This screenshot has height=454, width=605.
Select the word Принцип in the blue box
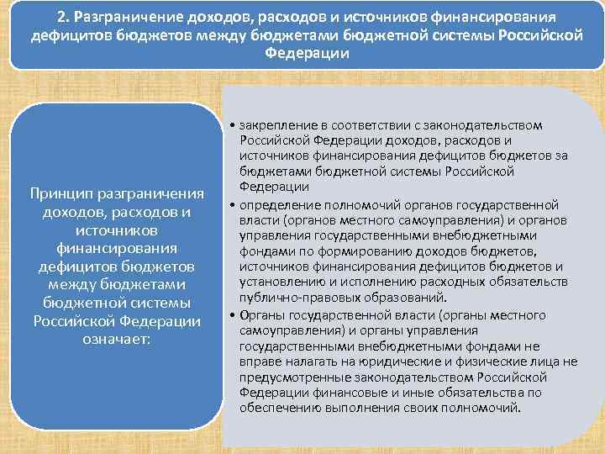click(62, 196)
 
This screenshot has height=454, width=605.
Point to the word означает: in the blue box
click(116, 340)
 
